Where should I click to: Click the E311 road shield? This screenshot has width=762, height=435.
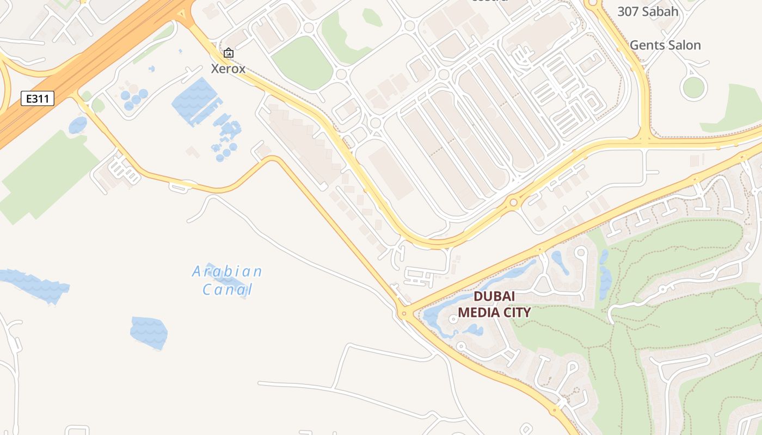click(38, 98)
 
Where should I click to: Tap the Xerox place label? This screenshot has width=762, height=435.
click(228, 69)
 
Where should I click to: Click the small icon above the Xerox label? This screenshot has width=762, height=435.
click(229, 53)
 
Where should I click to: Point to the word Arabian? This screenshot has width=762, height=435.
click(227, 271)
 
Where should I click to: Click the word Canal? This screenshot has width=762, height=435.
click(228, 289)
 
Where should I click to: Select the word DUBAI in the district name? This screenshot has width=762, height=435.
click(494, 297)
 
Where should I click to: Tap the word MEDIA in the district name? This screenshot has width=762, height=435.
click(478, 313)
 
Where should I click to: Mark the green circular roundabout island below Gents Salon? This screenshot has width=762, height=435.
click(693, 88)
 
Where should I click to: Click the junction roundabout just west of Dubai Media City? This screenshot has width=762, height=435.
click(403, 313)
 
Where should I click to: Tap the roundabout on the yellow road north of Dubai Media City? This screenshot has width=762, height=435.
click(513, 203)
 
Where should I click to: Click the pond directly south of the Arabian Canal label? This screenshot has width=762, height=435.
click(149, 332)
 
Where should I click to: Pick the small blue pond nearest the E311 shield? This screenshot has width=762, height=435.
click(78, 125)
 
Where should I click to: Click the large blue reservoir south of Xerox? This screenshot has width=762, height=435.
click(195, 101)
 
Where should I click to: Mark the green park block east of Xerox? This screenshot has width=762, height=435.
click(303, 63)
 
